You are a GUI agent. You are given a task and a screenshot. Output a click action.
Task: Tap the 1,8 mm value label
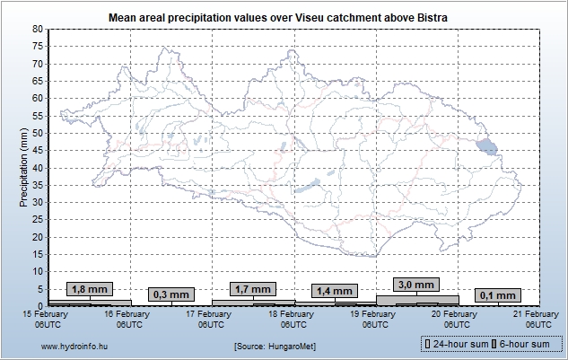(x=89, y=289)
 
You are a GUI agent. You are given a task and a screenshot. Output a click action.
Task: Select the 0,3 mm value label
(x=170, y=294)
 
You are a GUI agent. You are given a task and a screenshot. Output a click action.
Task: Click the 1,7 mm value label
(x=252, y=289)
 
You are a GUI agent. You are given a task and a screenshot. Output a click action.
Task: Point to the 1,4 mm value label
(x=335, y=291)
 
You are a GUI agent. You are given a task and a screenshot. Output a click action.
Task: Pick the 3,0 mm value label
(x=415, y=285)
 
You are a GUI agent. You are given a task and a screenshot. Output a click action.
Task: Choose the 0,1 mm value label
(x=498, y=294)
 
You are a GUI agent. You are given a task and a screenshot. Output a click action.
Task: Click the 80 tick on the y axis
(x=38, y=29)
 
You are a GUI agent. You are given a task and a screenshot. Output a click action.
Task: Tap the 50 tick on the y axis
(x=38, y=133)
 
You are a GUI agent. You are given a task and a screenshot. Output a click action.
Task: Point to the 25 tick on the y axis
(x=38, y=219)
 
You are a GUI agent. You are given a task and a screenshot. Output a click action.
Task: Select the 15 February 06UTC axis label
(x=47, y=319)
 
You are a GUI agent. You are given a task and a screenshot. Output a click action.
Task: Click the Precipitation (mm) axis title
(x=23, y=167)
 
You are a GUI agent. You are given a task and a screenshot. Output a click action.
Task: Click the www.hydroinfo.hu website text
(x=74, y=345)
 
